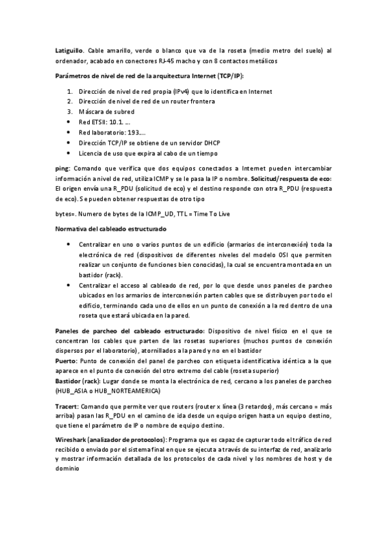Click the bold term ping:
63,168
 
